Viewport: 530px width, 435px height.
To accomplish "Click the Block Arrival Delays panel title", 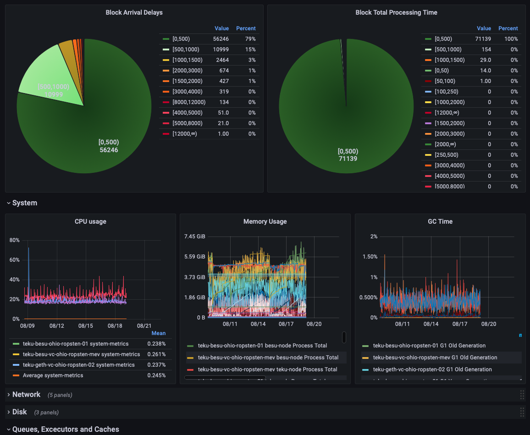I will point(134,12).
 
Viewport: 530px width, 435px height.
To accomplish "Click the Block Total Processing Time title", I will point(396,12).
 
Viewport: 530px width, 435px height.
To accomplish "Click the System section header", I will point(25,203).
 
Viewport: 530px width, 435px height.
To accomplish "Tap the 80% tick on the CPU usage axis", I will point(15,240).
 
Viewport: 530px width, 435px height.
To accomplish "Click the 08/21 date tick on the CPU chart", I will point(144,326).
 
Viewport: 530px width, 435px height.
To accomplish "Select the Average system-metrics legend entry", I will point(53,375).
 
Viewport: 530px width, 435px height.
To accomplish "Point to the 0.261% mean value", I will point(156,354).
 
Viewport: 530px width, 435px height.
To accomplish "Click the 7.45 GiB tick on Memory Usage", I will point(195,237).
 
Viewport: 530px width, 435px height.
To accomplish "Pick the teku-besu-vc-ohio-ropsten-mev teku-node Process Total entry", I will point(268,369).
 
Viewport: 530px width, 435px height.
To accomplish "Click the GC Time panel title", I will point(440,221).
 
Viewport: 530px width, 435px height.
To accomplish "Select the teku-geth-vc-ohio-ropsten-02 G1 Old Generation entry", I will point(432,369).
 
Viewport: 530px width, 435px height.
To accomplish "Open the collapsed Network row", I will point(27,395).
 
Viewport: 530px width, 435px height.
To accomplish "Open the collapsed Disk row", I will point(20,412).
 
